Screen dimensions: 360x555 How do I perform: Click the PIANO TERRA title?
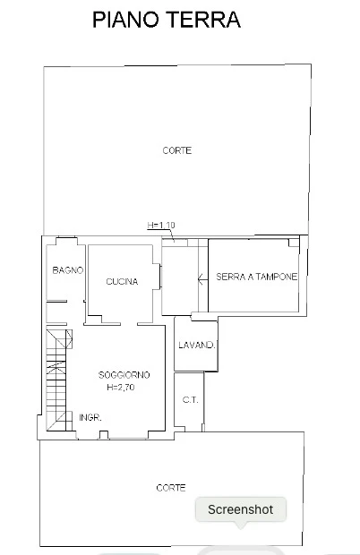[167, 20]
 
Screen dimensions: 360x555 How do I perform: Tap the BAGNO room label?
[67, 270]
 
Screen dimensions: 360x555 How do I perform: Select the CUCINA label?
[122, 282]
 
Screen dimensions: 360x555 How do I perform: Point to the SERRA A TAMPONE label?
[257, 277]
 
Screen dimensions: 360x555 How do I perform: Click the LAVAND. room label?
[197, 346]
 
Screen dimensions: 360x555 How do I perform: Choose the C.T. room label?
[191, 400]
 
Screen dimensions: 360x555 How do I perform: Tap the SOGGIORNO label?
[124, 375]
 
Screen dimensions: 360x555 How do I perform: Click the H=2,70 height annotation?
[121, 388]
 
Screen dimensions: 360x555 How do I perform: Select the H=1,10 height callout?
[161, 225]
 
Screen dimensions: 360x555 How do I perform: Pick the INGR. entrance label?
[90, 418]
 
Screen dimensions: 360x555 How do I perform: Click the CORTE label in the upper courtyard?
[177, 150]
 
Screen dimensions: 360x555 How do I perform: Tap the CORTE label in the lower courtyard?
[171, 488]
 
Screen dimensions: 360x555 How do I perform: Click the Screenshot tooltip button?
[241, 509]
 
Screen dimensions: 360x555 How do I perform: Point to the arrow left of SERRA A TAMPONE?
[202, 279]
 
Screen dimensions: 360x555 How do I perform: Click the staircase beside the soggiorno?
[56, 380]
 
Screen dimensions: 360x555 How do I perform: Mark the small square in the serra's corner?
[294, 243]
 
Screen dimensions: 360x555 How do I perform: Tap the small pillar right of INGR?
[104, 435]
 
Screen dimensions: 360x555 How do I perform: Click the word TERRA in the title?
[205, 20]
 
